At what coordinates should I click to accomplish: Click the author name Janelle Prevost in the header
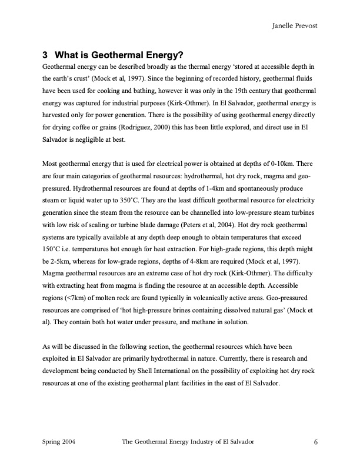(295, 26)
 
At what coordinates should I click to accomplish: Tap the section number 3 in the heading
(45, 56)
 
